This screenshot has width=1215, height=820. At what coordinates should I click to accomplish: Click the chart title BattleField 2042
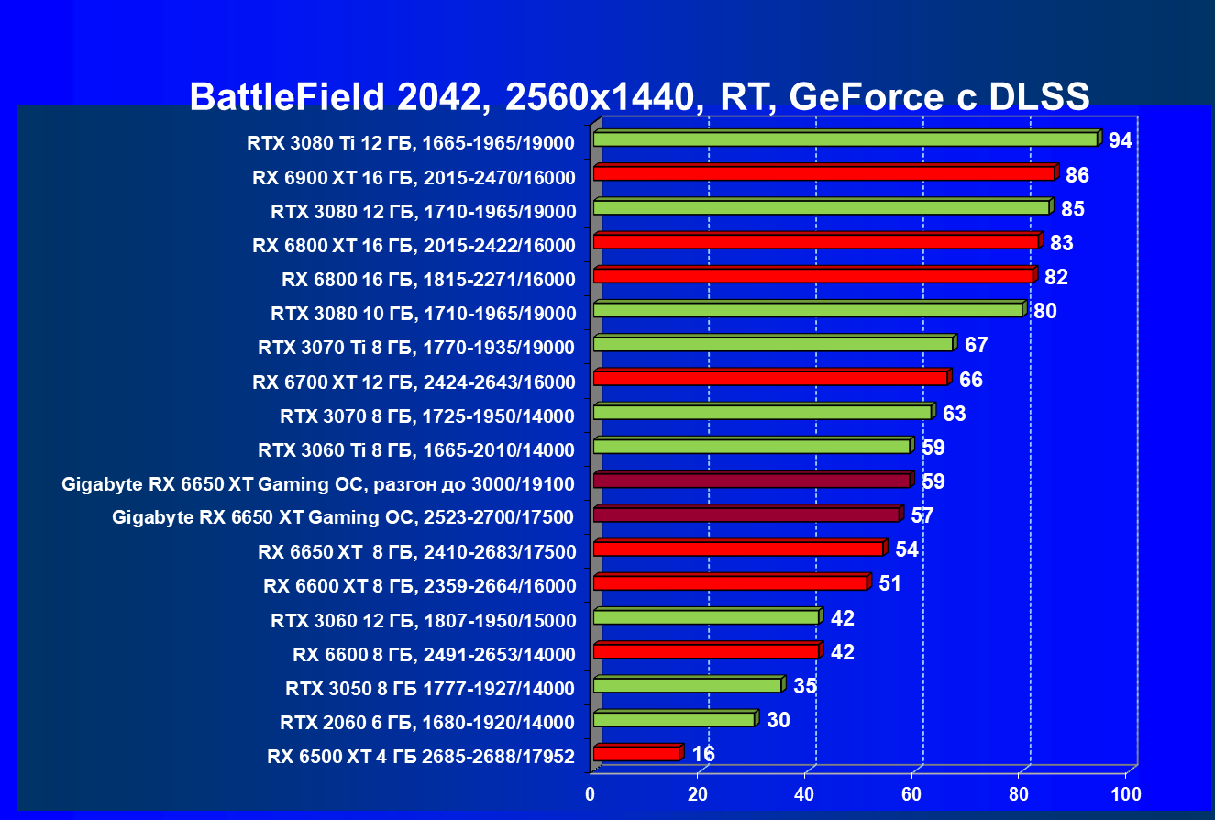click(x=639, y=96)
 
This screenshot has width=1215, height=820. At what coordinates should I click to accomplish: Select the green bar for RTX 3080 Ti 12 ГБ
click(x=845, y=139)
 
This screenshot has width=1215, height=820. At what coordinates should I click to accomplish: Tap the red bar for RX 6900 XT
click(x=823, y=173)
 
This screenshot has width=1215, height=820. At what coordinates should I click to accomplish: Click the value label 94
click(x=1120, y=141)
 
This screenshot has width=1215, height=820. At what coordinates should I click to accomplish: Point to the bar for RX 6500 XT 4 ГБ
click(x=636, y=754)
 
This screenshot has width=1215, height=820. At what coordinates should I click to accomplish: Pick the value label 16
click(x=703, y=755)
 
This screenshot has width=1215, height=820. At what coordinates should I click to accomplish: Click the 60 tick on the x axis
click(x=912, y=793)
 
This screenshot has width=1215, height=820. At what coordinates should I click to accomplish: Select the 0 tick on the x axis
click(x=592, y=793)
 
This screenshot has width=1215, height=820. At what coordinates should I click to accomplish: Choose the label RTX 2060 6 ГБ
click(x=426, y=723)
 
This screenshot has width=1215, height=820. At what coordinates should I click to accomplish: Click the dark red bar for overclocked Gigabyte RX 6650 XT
click(x=751, y=481)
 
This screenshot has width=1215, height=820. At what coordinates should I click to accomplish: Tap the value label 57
click(x=922, y=516)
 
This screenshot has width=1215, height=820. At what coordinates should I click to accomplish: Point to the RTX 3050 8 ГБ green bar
click(x=687, y=685)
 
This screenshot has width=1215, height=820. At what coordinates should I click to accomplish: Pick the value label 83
click(x=1061, y=244)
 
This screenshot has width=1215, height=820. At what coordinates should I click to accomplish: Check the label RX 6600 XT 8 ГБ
click(x=419, y=586)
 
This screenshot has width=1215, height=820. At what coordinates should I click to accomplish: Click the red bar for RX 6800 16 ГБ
click(x=812, y=275)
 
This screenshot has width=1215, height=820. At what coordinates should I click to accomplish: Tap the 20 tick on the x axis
click(x=699, y=793)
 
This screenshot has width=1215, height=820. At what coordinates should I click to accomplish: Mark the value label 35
click(x=805, y=687)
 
